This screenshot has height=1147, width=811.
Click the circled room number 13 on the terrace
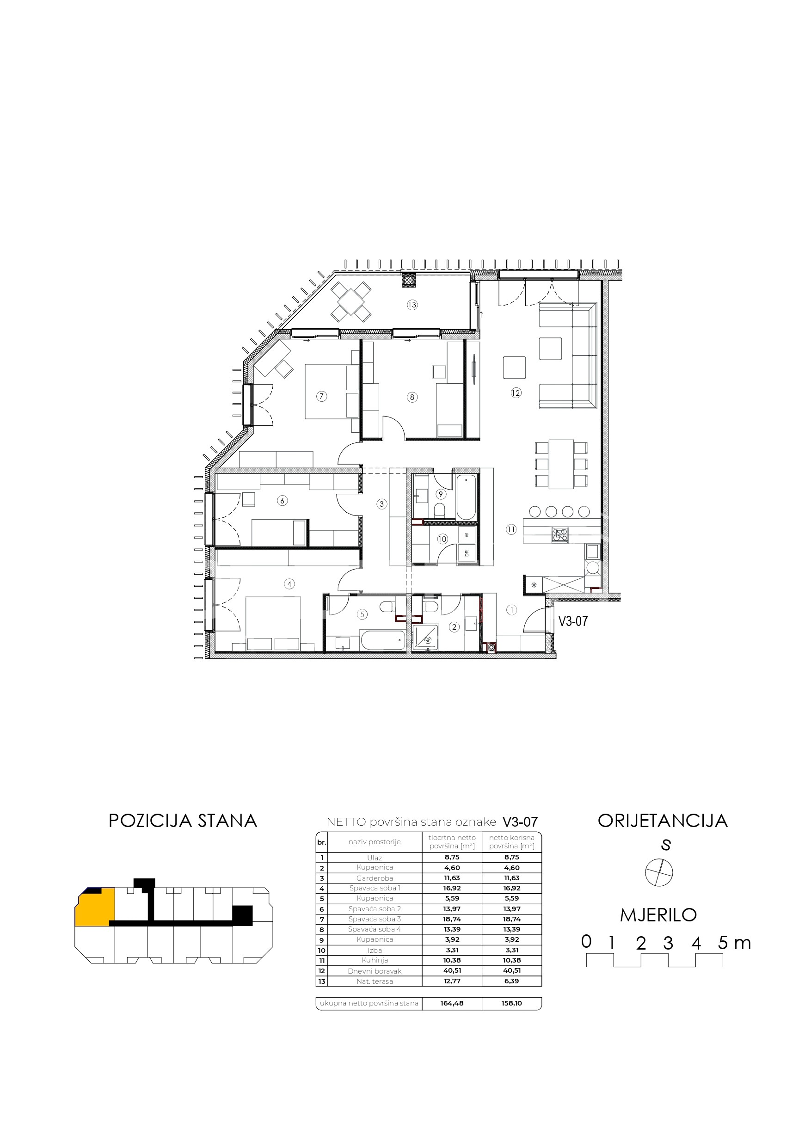click(412, 305)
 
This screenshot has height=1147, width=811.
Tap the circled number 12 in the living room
click(516, 393)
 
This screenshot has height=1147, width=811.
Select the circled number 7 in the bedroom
click(321, 397)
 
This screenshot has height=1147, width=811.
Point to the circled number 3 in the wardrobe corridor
click(382, 504)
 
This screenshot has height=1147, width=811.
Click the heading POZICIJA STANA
click(183, 821)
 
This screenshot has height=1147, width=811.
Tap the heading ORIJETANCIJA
click(663, 821)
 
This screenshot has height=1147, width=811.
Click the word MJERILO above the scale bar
click(658, 915)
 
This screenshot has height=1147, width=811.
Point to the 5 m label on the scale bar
click(735, 943)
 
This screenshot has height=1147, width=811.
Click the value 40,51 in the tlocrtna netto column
click(452, 971)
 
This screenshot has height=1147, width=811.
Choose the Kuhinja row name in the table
click(375, 960)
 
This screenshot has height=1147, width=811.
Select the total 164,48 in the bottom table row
click(452, 1003)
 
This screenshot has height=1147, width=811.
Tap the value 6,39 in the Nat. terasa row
click(512, 981)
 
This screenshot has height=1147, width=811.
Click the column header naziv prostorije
click(375, 842)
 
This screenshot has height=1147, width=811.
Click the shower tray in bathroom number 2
click(426, 638)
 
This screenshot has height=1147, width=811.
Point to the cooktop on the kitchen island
click(560, 535)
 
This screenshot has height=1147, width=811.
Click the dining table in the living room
click(561, 464)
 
